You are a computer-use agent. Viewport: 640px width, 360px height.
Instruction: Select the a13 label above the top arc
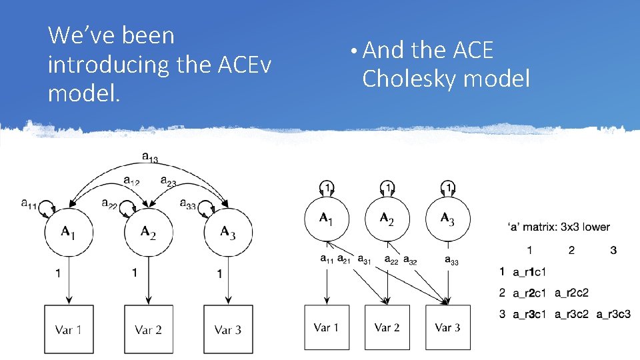click(150, 157)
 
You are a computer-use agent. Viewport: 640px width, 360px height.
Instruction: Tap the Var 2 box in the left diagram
click(148, 329)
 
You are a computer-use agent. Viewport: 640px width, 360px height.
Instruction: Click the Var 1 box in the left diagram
click(69, 329)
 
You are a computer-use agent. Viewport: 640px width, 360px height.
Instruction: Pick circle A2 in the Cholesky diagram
click(387, 218)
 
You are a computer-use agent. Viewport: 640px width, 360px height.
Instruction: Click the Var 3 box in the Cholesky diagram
click(447, 327)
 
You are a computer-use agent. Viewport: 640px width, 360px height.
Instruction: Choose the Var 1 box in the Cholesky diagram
click(327, 327)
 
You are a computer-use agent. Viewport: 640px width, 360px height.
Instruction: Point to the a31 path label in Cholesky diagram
click(365, 259)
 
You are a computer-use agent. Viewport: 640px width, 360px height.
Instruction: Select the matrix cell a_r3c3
click(613, 313)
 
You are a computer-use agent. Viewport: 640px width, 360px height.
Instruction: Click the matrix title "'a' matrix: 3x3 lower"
click(558, 227)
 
